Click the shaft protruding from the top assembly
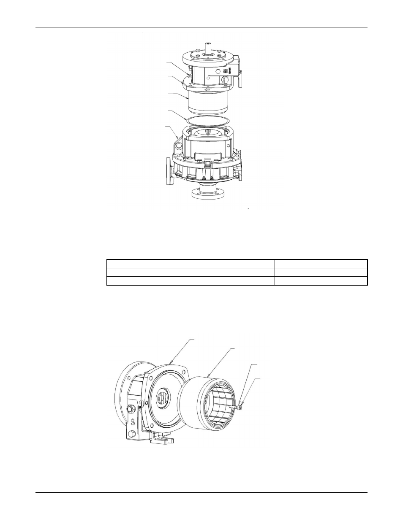pyautogui.click(x=207, y=48)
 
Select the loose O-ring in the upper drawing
pyautogui.click(x=208, y=120)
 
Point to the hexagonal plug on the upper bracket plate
pyautogui.click(x=218, y=71)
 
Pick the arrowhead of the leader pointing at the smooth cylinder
pyautogui.click(x=187, y=98)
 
